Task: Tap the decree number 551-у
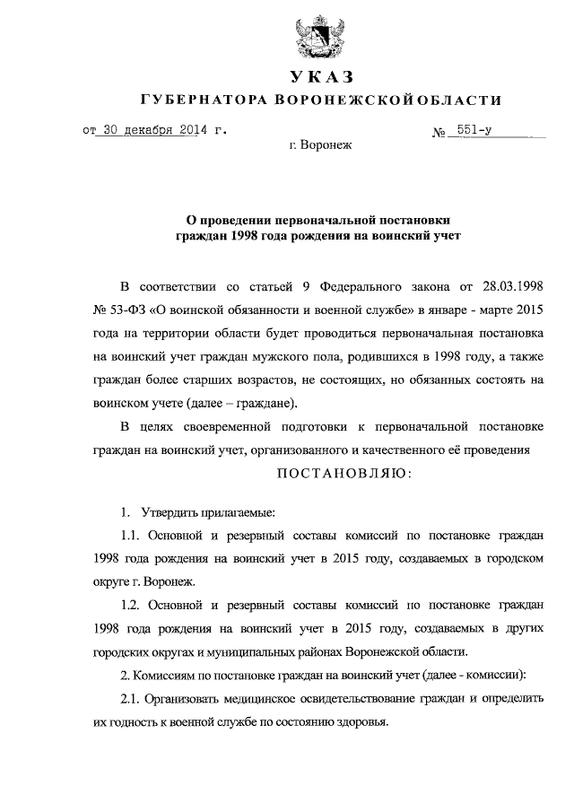point(474,129)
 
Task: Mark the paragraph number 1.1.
point(131,535)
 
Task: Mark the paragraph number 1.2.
point(131,605)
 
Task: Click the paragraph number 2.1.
point(131,697)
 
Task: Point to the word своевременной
point(242,426)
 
